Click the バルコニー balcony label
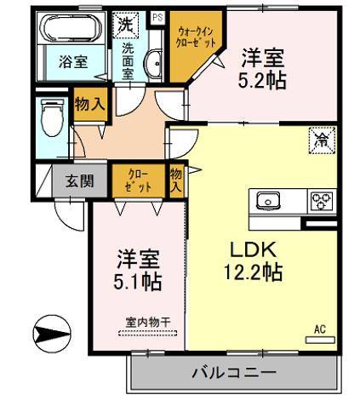point(233,373)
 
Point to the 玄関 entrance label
point(72,180)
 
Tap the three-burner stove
point(319,202)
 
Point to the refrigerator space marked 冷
point(321,138)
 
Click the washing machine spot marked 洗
point(125,25)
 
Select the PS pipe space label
point(157,17)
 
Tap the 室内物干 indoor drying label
point(148,322)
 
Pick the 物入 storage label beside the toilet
point(88,103)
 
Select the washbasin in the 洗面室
point(155,63)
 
